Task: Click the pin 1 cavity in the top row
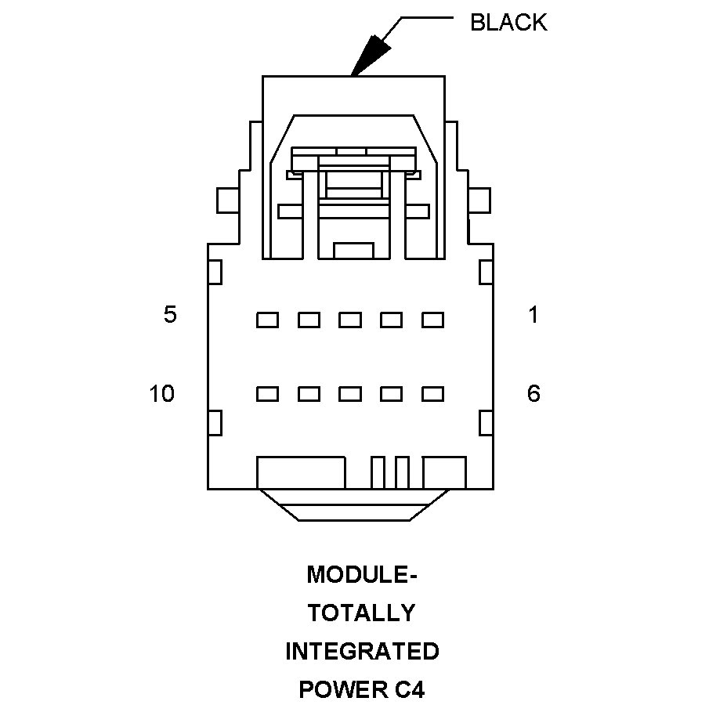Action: (432, 320)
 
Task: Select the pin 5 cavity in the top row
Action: (268, 320)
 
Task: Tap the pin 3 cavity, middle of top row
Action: (350, 320)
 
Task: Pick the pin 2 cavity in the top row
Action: (391, 320)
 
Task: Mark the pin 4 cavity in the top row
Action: (309, 320)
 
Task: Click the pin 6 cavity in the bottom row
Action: (432, 394)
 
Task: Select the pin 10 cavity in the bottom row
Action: (268, 394)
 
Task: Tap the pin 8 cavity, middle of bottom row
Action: (350, 394)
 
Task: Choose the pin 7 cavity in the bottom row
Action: (391, 394)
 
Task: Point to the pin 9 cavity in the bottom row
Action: (309, 394)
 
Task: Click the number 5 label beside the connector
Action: (170, 316)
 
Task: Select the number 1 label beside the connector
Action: (533, 316)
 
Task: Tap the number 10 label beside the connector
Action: (162, 394)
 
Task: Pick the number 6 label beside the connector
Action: (533, 394)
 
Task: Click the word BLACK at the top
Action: (508, 23)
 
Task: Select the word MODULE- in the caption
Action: (362, 575)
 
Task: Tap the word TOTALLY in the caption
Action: (362, 613)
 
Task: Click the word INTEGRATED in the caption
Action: (362, 651)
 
